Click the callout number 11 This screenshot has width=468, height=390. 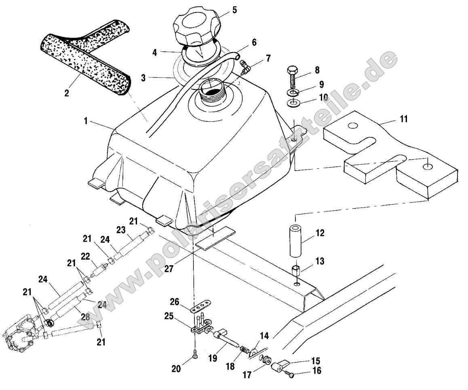click(x=404, y=119)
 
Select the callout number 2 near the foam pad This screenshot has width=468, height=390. click(x=67, y=93)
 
